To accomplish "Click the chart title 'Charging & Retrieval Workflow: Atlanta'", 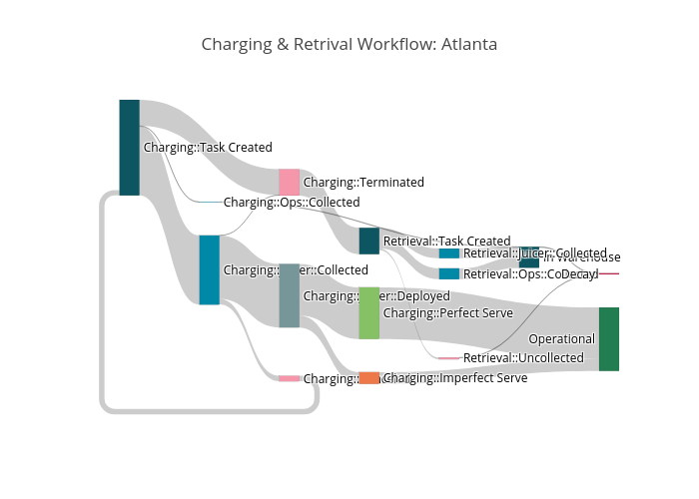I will [349, 45].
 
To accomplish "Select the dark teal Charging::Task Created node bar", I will [129, 147].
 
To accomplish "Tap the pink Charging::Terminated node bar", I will [289, 182].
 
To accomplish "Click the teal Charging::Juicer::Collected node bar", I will [209, 269].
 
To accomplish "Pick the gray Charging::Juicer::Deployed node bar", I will [289, 295].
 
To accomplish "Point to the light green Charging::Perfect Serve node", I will [368, 312].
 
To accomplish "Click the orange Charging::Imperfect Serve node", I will [368, 378].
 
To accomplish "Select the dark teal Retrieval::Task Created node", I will [368, 241].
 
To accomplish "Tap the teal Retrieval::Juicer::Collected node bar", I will [448, 253].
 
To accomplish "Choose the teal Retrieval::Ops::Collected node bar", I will [448, 273].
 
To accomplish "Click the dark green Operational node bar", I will [608, 339].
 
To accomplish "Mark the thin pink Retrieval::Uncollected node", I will [448, 357].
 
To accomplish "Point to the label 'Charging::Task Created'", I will [208, 147].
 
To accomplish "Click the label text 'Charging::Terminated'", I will [363, 182].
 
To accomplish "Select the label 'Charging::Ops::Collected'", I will [292, 202].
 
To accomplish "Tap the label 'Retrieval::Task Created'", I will [446, 241].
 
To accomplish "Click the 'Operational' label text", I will [561, 339].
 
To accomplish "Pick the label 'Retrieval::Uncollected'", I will [523, 357].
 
